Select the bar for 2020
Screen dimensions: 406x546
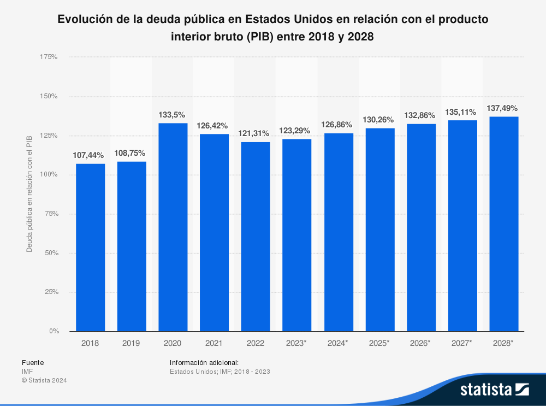[173, 227]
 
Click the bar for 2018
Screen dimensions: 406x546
[90, 247]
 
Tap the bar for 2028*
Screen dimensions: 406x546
[504, 223]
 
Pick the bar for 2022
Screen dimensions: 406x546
[256, 236]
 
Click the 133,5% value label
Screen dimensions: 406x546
[172, 115]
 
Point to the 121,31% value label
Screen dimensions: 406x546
[254, 133]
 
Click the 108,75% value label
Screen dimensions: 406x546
[130, 153]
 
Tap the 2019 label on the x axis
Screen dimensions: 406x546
[132, 343]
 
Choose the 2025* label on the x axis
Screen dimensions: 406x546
[380, 343]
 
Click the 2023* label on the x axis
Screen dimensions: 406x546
[297, 343]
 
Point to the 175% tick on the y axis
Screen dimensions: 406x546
[49, 57]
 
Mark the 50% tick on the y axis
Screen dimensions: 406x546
[50, 253]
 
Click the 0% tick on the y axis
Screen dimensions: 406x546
[54, 331]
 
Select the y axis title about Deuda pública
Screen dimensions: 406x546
[29, 194]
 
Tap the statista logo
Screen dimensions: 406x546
[494, 390]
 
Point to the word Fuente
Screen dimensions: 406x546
[33, 362]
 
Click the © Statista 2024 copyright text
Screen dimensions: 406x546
[44, 380]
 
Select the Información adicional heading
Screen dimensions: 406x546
[204, 362]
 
